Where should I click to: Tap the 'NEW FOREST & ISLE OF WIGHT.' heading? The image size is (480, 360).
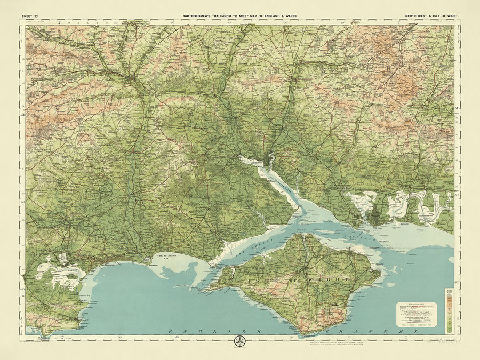pos(431,17)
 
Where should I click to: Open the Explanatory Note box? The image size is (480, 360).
pos(415,314)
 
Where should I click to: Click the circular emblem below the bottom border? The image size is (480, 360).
pos(239,340)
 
